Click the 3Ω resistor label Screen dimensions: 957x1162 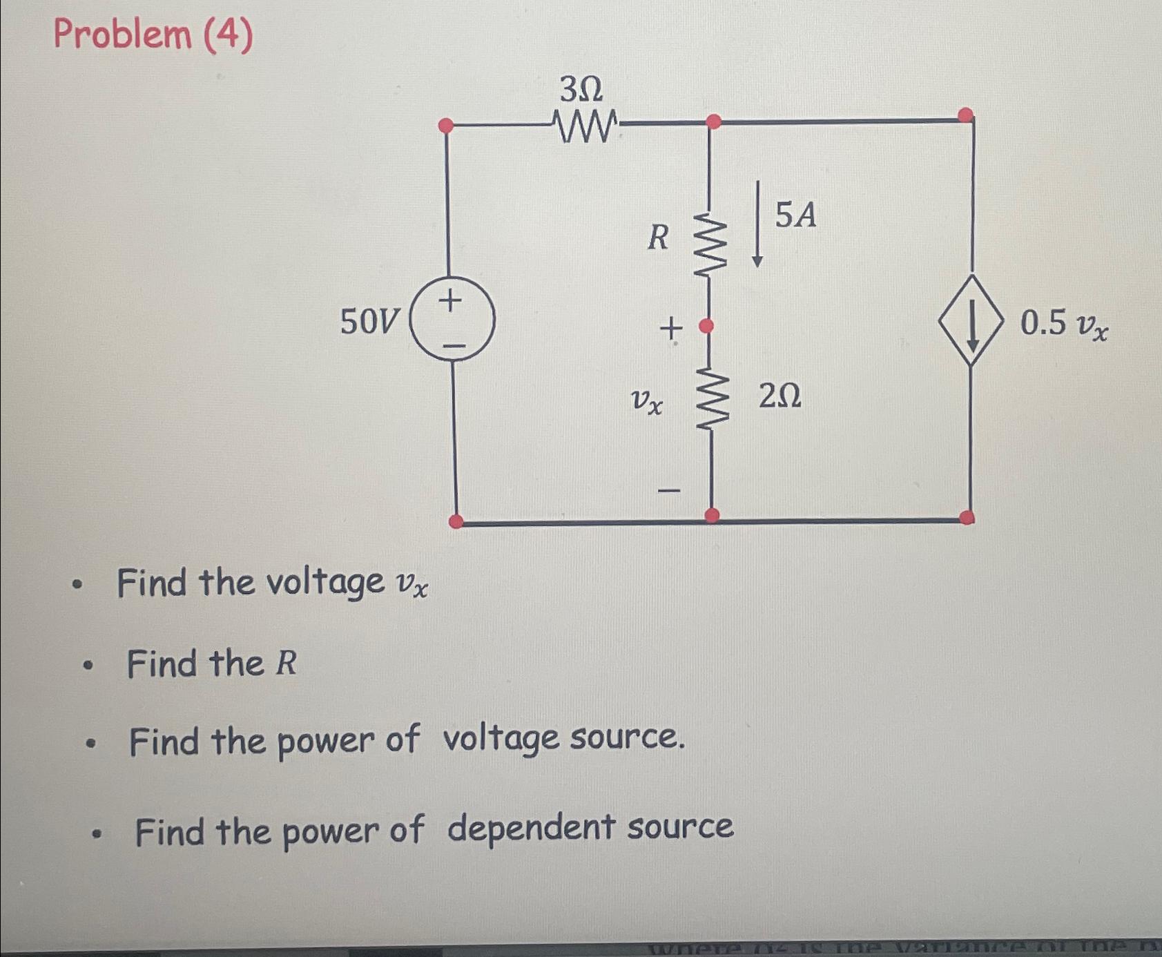coord(581,89)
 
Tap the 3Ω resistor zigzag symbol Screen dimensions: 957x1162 coord(586,127)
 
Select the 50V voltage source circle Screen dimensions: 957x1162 coord(452,320)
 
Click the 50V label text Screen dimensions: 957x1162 coord(369,322)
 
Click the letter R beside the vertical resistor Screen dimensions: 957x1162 coord(658,238)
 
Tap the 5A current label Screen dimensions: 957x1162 coord(795,215)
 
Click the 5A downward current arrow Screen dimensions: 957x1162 coord(757,224)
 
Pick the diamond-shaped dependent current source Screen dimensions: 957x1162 coord(971,320)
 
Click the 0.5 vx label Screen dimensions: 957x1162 coord(1064,324)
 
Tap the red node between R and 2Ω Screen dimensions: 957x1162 coord(706,326)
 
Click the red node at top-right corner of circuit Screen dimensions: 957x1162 coord(967,114)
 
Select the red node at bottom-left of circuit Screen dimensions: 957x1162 coord(456,521)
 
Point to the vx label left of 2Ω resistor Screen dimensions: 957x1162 coord(647,401)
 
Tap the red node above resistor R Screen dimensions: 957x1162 coord(714,122)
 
